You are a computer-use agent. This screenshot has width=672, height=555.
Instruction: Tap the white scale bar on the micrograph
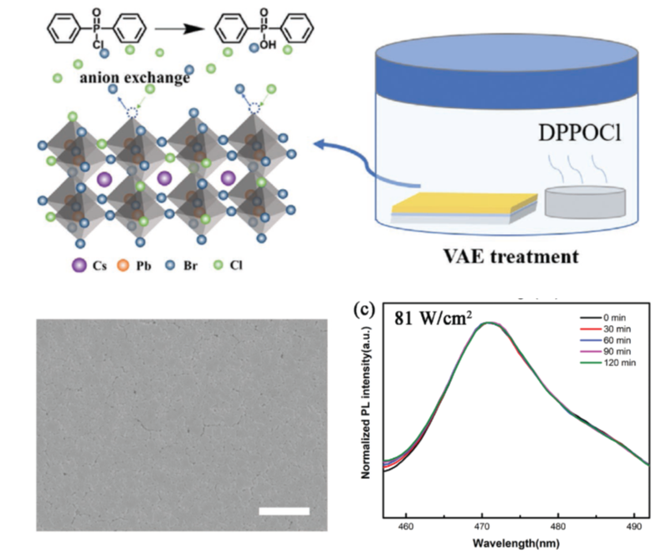click(284, 510)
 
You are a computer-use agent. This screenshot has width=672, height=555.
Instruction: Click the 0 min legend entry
click(613, 318)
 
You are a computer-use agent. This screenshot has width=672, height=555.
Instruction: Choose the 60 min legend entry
click(614, 340)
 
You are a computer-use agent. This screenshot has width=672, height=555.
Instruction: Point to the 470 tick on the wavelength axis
click(482, 528)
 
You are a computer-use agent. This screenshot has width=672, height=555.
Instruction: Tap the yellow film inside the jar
click(463, 204)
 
